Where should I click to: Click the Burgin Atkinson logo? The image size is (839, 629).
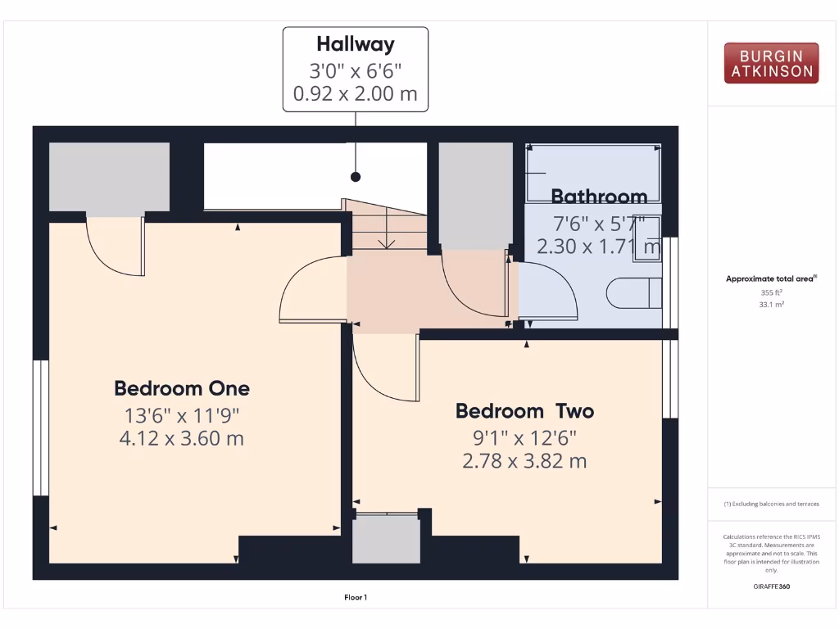(771, 63)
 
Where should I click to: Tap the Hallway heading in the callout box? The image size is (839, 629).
(356, 44)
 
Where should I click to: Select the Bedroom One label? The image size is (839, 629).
(182, 388)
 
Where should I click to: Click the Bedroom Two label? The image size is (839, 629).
(525, 410)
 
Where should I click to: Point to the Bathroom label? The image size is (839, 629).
(599, 197)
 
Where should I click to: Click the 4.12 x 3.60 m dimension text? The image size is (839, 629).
(182, 438)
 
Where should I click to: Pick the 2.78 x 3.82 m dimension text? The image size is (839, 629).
(525, 461)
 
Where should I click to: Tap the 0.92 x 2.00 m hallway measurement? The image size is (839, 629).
(356, 93)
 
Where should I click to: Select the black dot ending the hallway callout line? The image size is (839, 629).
(356, 176)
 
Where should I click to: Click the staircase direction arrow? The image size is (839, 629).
(384, 241)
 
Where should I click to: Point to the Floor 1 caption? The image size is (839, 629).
(356, 598)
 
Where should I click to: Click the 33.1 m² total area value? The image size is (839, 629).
(771, 304)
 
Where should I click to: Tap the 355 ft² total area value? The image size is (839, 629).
(771, 292)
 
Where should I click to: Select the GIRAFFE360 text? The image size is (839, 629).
(771, 586)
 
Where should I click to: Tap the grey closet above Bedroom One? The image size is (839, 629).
(109, 178)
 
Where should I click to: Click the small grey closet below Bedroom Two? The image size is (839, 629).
(385, 539)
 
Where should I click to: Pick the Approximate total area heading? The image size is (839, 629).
(770, 279)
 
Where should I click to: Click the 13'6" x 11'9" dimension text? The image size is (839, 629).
(182, 414)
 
